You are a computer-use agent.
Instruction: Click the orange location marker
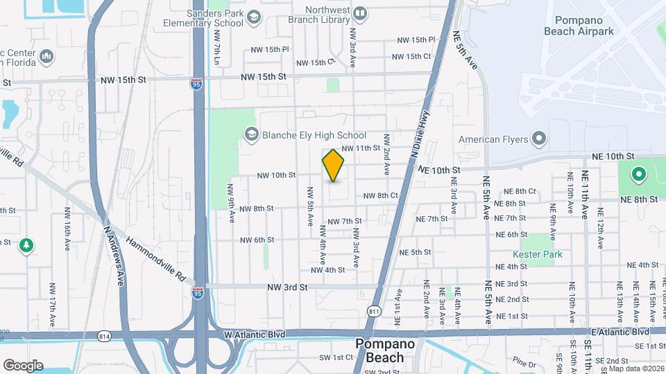click(334, 166)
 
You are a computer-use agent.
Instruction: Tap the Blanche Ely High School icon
click(250, 135)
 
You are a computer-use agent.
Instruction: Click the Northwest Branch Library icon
click(360, 13)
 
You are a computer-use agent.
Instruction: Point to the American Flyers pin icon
click(538, 139)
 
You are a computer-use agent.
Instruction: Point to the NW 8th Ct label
click(381, 196)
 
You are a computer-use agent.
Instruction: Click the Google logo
click(23, 365)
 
